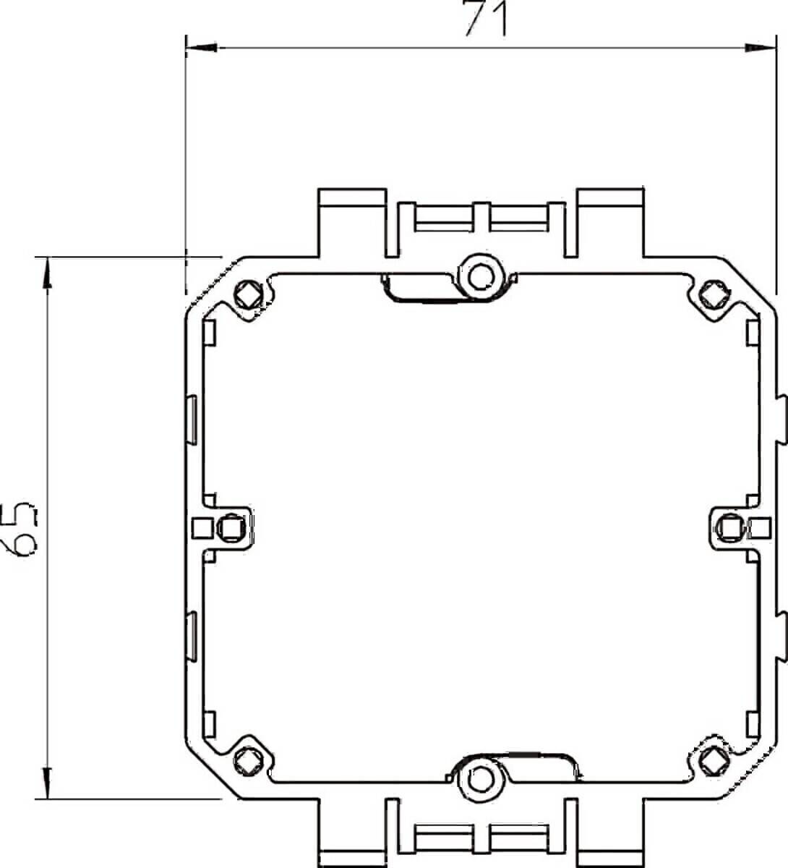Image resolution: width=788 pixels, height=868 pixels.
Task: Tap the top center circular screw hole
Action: tap(477, 275)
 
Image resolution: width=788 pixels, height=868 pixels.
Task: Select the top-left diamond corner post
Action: tap(247, 294)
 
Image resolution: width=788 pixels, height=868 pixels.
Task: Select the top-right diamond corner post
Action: tap(712, 294)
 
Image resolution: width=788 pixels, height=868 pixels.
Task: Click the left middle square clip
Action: tap(231, 527)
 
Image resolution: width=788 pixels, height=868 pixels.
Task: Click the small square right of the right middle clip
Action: tap(758, 527)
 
